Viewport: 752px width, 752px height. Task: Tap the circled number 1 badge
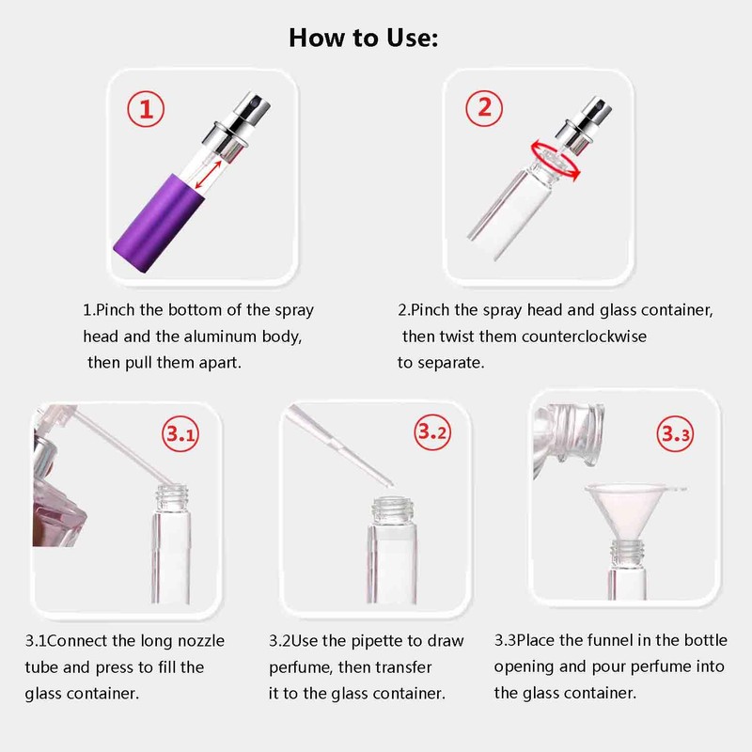(146, 109)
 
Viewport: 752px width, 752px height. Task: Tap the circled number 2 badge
(484, 107)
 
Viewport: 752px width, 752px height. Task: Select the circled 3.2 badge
(432, 434)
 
